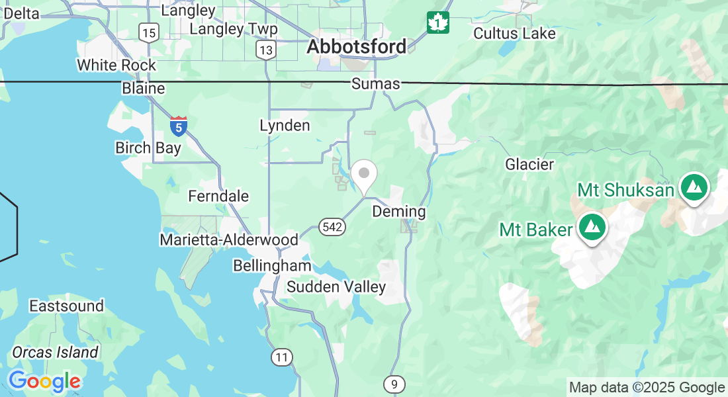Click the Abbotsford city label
point(357,47)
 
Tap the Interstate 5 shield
point(178,126)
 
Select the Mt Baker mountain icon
point(592,227)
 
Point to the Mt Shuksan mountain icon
point(694,187)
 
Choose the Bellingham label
point(272,265)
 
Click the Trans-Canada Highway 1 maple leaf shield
point(437,22)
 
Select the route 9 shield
point(394,384)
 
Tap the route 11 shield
point(282,357)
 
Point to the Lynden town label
point(285,125)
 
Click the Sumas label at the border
point(376,83)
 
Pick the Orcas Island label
point(55,352)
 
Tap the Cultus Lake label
point(514,33)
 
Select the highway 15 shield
point(149,32)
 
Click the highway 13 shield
point(267,50)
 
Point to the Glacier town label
point(529,164)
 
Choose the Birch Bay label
point(148,148)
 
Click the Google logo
point(44,382)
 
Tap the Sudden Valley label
point(336,287)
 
